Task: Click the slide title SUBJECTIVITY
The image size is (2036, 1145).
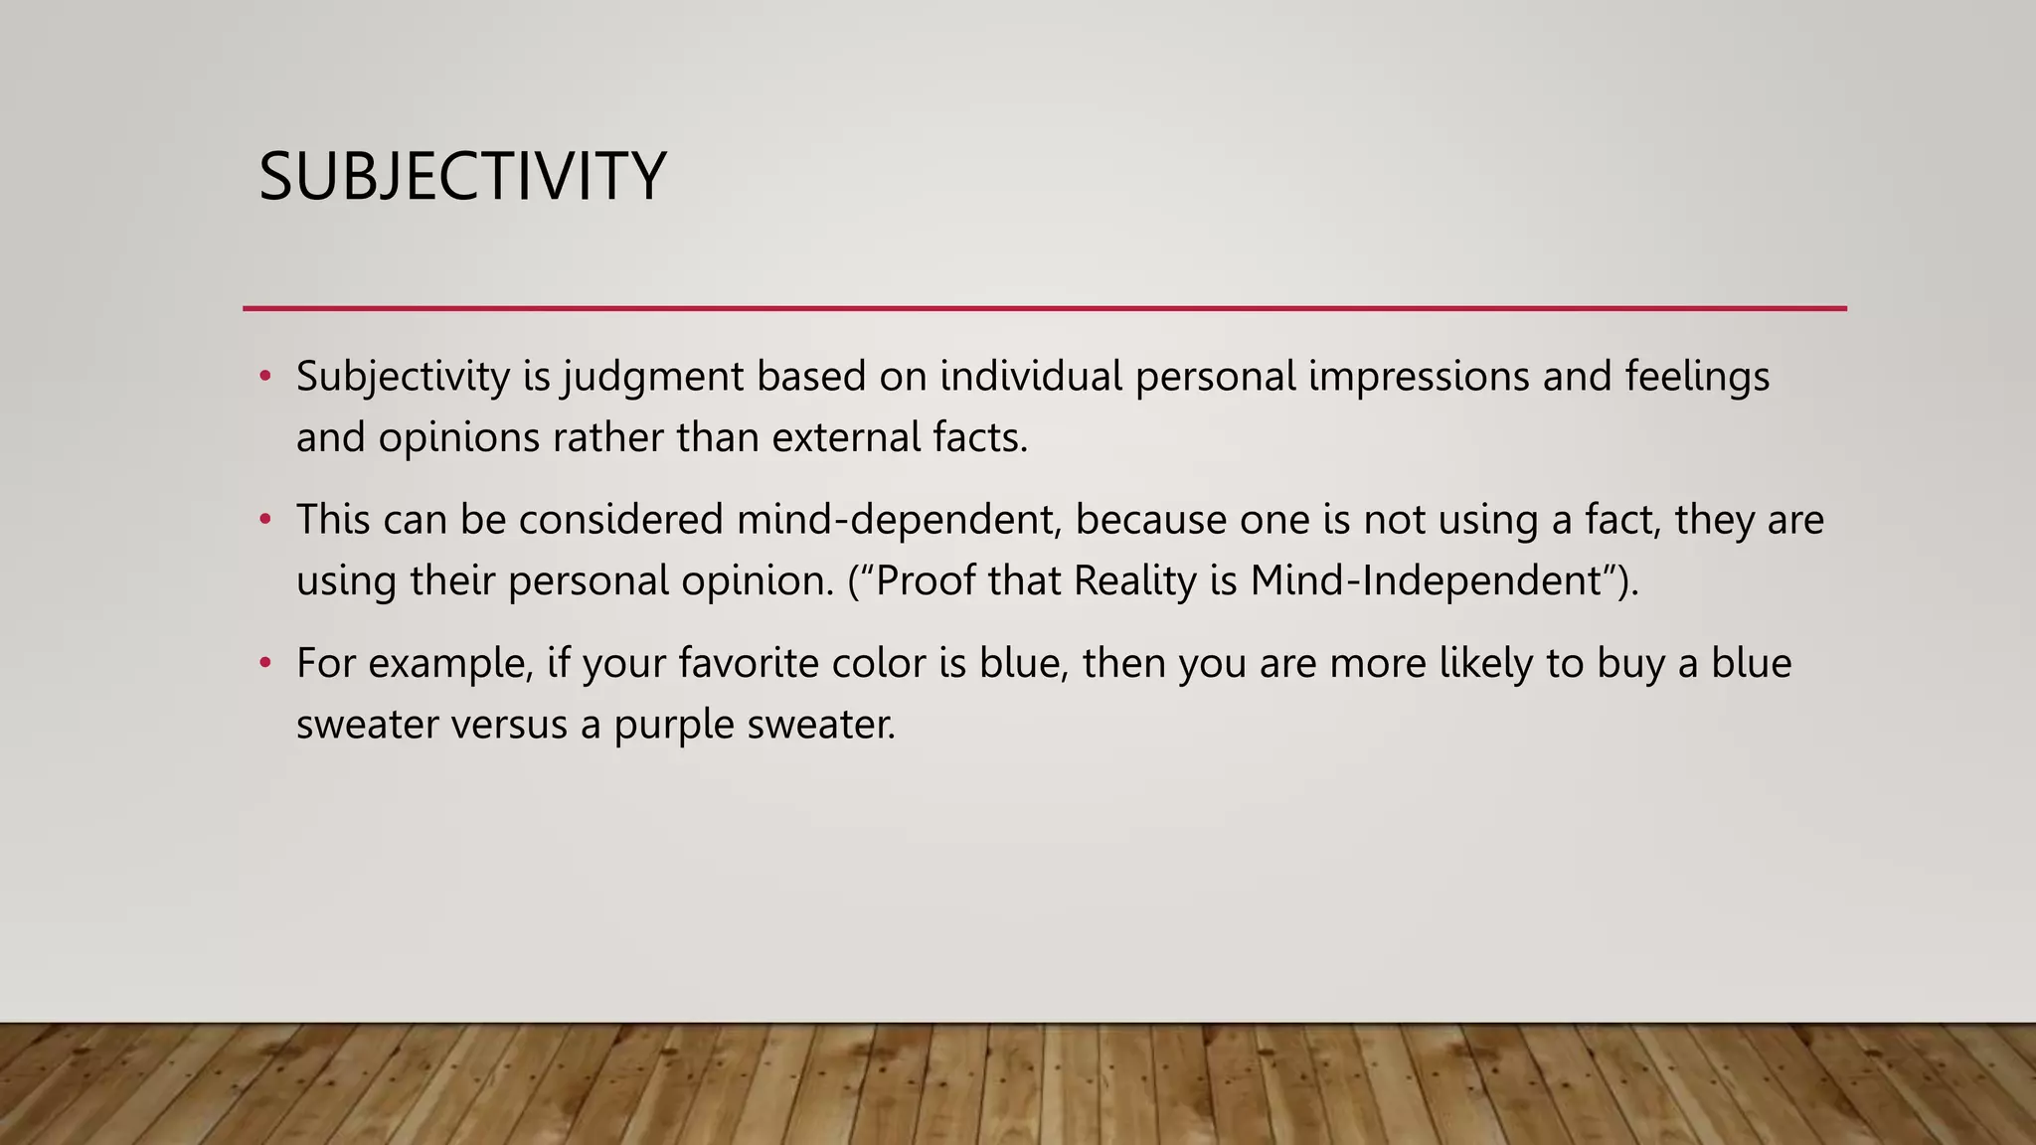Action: click(461, 178)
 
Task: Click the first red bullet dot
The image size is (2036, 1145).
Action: click(264, 377)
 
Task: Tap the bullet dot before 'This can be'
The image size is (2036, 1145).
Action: click(264, 520)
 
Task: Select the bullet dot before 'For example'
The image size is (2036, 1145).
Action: click(264, 663)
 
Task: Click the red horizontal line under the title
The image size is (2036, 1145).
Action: click(1044, 309)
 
